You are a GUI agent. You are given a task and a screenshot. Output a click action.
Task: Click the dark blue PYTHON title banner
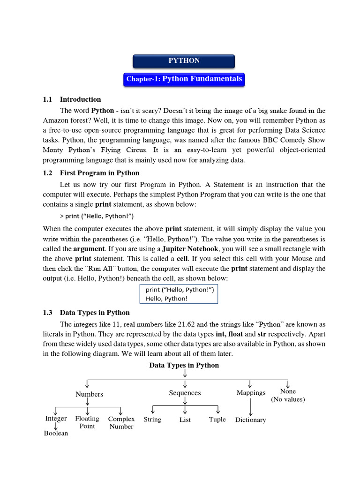point(184,61)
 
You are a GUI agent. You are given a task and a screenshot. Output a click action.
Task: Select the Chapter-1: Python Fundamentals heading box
point(184,79)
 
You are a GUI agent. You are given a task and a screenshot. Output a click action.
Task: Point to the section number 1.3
point(47,313)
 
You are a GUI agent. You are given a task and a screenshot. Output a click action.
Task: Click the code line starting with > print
point(97,216)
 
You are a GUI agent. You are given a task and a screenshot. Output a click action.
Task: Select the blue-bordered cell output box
point(179,294)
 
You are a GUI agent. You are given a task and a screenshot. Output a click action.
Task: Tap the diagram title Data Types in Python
point(184,365)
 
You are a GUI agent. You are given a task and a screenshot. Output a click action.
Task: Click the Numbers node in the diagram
point(89,394)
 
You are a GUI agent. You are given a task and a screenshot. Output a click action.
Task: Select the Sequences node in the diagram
point(185,393)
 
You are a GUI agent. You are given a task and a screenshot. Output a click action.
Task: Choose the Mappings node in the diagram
point(251,393)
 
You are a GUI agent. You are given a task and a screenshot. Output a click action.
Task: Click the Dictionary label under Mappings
point(250,420)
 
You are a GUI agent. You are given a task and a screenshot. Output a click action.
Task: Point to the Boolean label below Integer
point(56,434)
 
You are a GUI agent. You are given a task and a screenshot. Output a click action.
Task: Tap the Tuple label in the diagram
point(217,420)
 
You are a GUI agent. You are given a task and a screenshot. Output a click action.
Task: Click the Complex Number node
point(121,423)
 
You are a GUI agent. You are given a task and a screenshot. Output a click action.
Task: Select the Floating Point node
point(87,422)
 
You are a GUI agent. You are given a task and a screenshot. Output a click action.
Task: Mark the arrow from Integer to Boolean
point(56,426)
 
